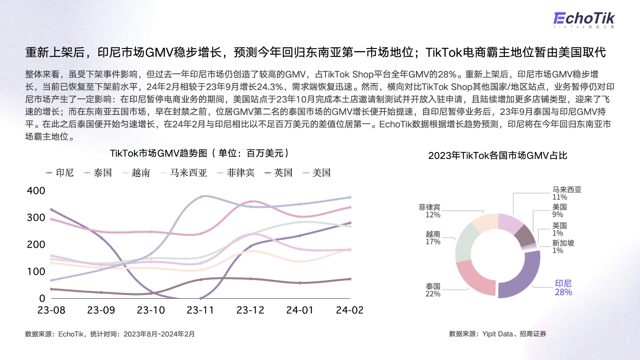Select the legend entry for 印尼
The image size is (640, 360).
60,173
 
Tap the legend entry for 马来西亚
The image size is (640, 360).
184,173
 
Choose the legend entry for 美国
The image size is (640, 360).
317,173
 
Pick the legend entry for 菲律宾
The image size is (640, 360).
236,173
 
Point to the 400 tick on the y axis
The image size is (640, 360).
36,191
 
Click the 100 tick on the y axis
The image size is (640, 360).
36,271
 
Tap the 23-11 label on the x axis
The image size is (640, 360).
200,310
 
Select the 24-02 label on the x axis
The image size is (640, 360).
350,310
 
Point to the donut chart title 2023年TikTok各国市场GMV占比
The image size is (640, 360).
498,156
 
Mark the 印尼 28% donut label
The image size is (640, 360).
563,288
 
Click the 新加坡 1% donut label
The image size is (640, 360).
563,247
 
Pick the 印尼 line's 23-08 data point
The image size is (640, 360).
51,210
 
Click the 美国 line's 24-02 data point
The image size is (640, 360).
350,197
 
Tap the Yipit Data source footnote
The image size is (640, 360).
497,334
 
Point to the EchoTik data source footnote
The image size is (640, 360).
110,334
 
